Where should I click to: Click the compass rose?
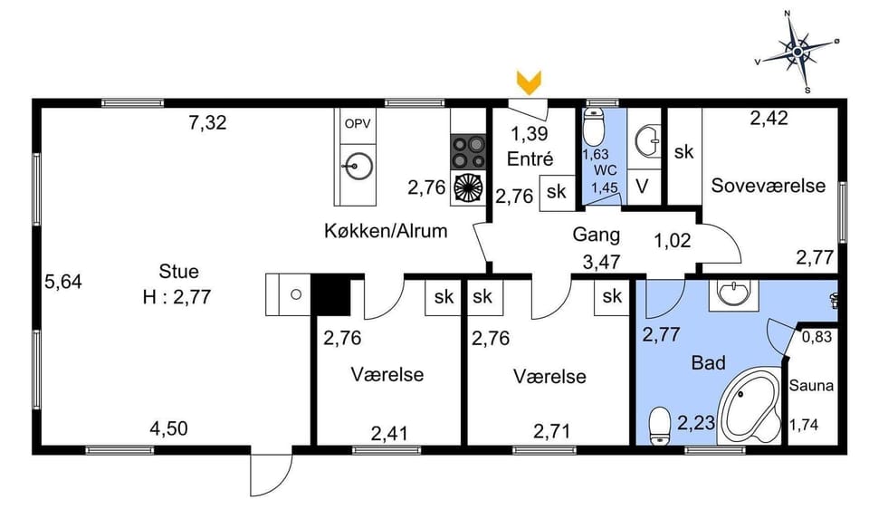point(797,52)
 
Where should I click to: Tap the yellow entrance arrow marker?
point(529,82)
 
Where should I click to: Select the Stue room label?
point(178,271)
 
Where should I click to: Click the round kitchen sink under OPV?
point(359,165)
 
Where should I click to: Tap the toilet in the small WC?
point(595,129)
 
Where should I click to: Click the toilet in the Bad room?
point(660,425)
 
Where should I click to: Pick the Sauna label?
point(811,385)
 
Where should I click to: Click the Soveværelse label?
point(768,186)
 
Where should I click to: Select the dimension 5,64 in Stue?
point(63,282)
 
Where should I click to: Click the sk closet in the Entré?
point(556,192)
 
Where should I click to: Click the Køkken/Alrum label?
point(386,231)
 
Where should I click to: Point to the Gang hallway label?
point(597,235)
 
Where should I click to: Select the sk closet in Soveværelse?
point(683,152)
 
